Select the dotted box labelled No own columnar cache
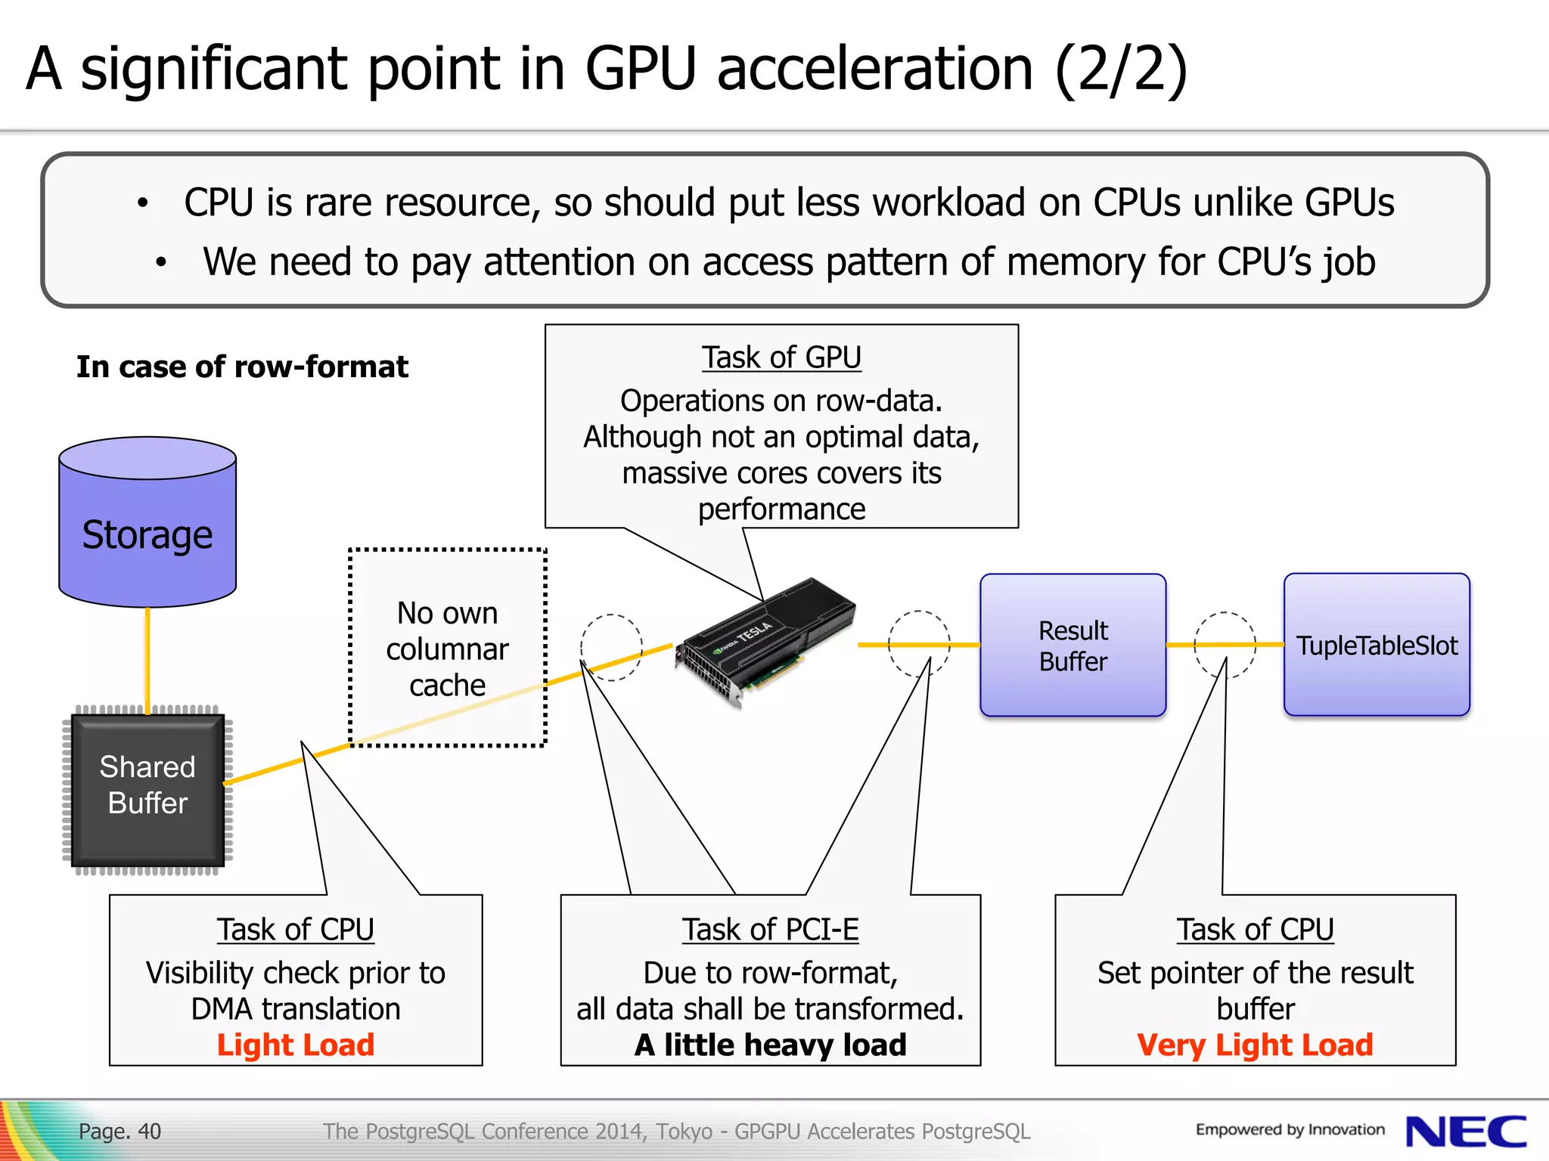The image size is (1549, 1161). click(x=447, y=648)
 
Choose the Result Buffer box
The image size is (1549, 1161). click(x=1073, y=645)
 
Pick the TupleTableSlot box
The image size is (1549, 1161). click(x=1377, y=645)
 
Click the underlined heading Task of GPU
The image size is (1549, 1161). click(x=781, y=358)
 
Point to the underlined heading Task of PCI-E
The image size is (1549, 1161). click(x=770, y=930)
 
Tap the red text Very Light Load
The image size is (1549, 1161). click(x=1255, y=1045)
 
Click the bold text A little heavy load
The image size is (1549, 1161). click(x=770, y=1045)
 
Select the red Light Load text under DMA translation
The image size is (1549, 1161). click(x=296, y=1045)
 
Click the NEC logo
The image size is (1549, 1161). click(x=1465, y=1132)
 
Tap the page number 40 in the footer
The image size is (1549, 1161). click(x=149, y=1132)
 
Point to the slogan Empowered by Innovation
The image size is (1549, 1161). click(x=1290, y=1130)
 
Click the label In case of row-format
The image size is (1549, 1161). click(x=242, y=367)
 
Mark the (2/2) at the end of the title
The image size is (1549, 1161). click(x=1120, y=70)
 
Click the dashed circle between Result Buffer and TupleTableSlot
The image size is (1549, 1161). click(x=1225, y=645)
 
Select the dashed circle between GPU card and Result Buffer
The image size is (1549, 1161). click(x=918, y=644)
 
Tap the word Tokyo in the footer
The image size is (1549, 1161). click(x=684, y=1132)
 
